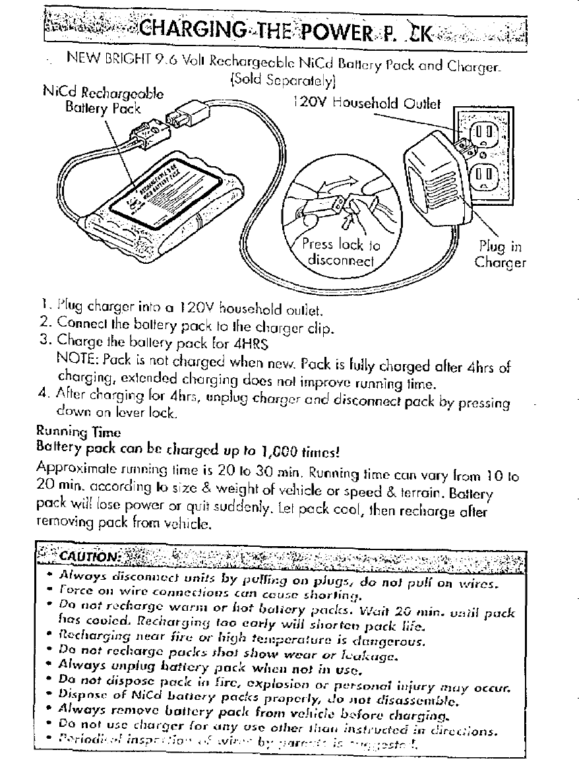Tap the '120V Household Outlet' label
click(363, 103)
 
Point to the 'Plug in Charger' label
click(501, 255)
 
